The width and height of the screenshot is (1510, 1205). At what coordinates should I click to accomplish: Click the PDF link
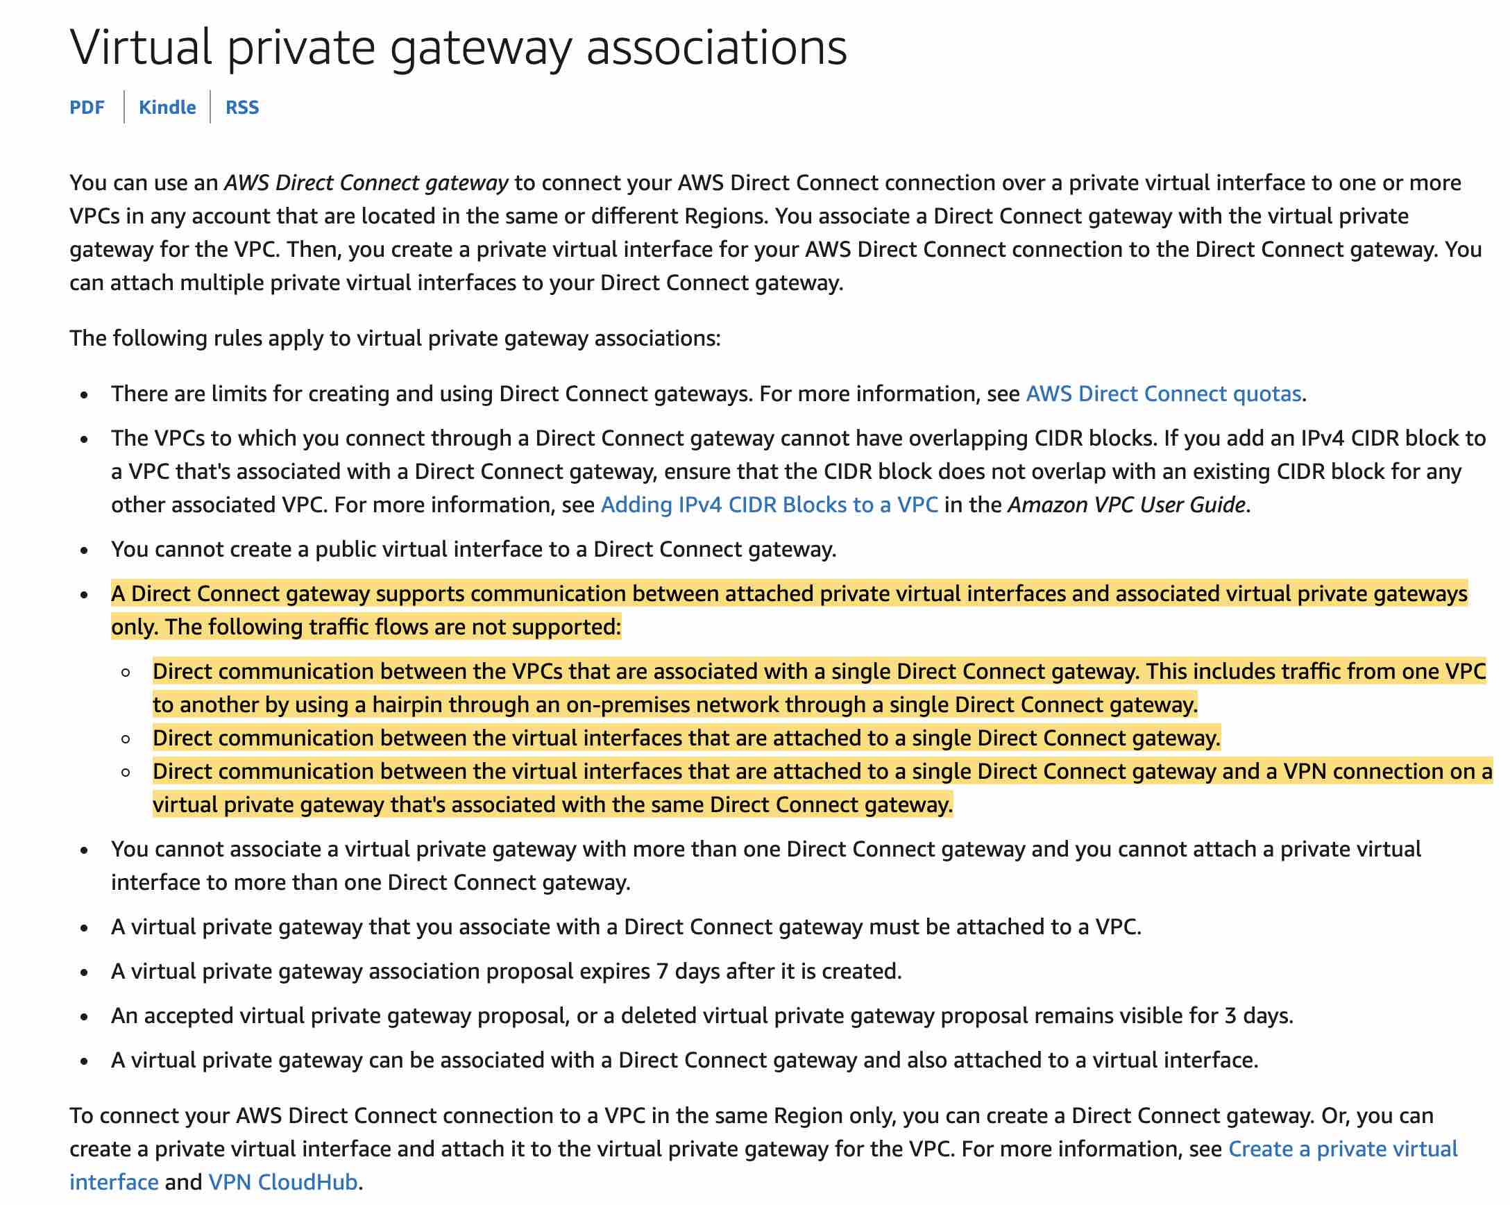tap(87, 107)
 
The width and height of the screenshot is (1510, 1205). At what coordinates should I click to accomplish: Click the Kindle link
tap(167, 107)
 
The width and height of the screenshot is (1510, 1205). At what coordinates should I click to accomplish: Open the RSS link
tap(241, 107)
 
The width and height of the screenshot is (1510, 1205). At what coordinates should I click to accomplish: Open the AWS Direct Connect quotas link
tap(1162, 394)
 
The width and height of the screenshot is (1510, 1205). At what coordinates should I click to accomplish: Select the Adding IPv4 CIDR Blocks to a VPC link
tap(769, 505)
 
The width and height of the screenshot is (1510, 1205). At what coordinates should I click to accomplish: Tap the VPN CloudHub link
tap(283, 1182)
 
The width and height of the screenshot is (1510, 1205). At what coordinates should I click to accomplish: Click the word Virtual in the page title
tap(140, 48)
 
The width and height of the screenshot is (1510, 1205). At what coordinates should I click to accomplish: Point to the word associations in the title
tap(715, 48)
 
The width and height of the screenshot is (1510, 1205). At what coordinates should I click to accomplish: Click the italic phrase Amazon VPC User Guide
tap(1126, 505)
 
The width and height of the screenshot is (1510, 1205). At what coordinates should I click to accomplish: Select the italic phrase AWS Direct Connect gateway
tap(366, 183)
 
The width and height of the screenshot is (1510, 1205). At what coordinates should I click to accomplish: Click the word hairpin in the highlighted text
tap(407, 704)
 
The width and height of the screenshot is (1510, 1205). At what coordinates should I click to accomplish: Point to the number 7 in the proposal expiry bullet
tap(662, 971)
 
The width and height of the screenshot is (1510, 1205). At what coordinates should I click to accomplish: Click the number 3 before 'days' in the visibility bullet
tap(1230, 1016)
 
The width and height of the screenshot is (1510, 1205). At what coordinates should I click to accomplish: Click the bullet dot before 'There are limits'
tap(84, 395)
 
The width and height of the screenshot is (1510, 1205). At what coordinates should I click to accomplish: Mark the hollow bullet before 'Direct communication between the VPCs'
tap(126, 673)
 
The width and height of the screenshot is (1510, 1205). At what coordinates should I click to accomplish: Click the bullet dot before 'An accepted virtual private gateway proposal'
tap(84, 1018)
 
